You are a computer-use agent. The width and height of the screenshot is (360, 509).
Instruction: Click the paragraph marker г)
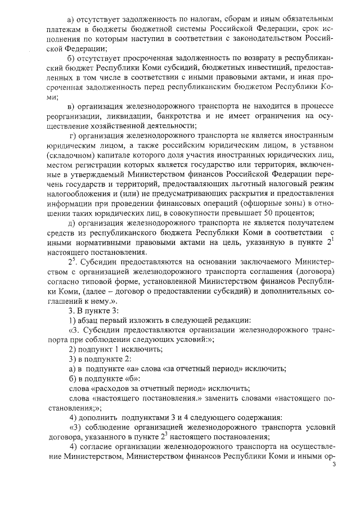point(71,134)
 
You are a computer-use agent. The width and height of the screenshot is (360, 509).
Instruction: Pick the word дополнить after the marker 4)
point(97,418)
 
